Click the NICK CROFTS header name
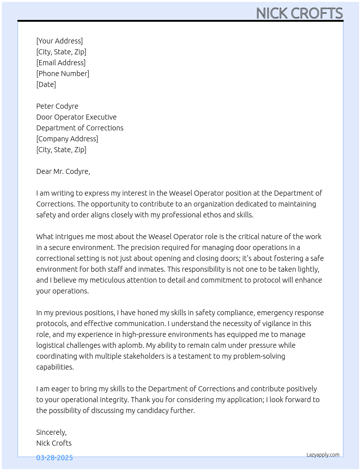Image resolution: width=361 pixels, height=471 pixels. (299, 13)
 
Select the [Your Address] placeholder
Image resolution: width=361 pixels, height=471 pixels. (59, 41)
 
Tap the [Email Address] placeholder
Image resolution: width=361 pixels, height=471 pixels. (61, 63)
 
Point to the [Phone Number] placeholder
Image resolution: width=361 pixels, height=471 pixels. (63, 74)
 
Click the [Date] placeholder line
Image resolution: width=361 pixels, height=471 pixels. (46, 84)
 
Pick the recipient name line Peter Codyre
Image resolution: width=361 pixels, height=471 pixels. (57, 106)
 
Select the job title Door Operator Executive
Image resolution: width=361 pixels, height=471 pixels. (76, 117)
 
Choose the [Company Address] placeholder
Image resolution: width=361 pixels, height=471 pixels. (67, 139)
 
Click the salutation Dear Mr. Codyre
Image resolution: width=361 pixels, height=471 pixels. (63, 171)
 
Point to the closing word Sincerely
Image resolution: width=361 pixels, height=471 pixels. (51, 432)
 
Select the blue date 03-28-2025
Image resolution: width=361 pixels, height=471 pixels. (54, 458)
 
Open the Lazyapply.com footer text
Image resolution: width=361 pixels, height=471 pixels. (323, 455)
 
